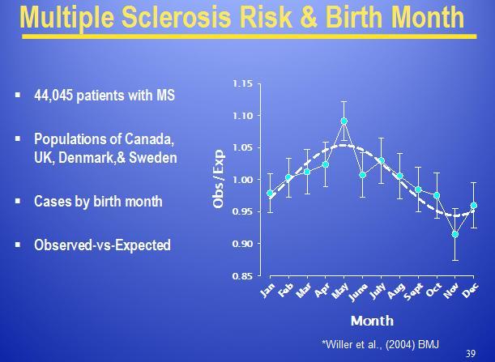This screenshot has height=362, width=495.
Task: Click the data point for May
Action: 344,121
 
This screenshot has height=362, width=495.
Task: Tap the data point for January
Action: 271,194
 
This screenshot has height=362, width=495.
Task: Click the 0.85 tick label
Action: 242,276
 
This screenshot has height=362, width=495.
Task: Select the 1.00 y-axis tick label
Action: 242,180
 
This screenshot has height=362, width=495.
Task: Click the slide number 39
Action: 471,353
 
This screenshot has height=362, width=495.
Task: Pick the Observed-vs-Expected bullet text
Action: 102,245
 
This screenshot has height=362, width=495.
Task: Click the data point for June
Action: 363,174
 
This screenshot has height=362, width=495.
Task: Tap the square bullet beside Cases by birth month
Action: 18,202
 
